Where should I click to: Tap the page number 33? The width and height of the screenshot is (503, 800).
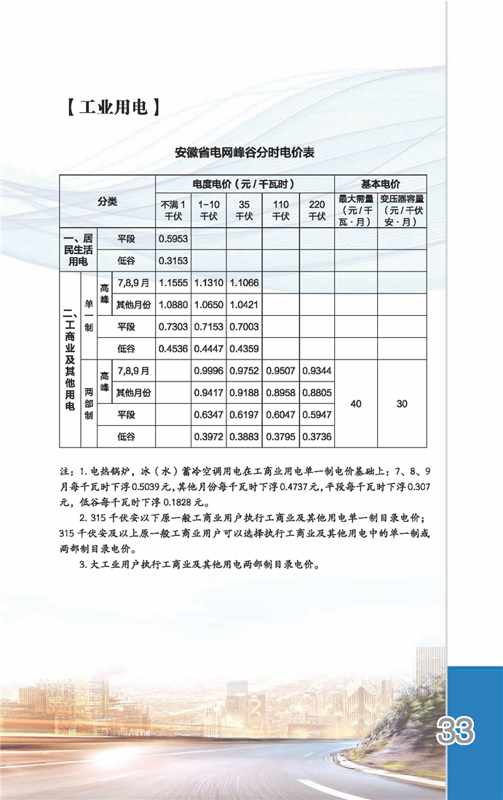(x=456, y=729)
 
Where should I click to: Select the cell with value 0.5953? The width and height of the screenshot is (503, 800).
(x=173, y=238)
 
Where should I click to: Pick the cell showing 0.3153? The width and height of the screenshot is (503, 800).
(x=173, y=260)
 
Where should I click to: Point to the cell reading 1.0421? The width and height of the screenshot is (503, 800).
(x=245, y=304)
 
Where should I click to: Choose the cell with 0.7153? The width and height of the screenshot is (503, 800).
(x=209, y=326)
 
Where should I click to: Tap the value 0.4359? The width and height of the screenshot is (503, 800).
(x=245, y=348)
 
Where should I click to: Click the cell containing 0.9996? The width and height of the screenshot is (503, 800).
(x=209, y=371)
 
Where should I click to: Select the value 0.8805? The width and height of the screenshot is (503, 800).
(x=317, y=392)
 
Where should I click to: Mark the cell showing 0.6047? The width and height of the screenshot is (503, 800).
(x=280, y=414)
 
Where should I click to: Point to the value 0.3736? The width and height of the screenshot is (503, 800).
(x=317, y=436)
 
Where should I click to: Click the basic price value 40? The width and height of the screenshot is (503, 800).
(x=356, y=403)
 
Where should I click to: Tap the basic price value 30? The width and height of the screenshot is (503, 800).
(x=402, y=403)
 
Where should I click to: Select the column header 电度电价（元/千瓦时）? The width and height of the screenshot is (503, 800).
(x=245, y=184)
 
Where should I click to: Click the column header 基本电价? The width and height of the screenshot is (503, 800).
(x=380, y=184)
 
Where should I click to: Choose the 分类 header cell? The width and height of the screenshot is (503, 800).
(x=108, y=202)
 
